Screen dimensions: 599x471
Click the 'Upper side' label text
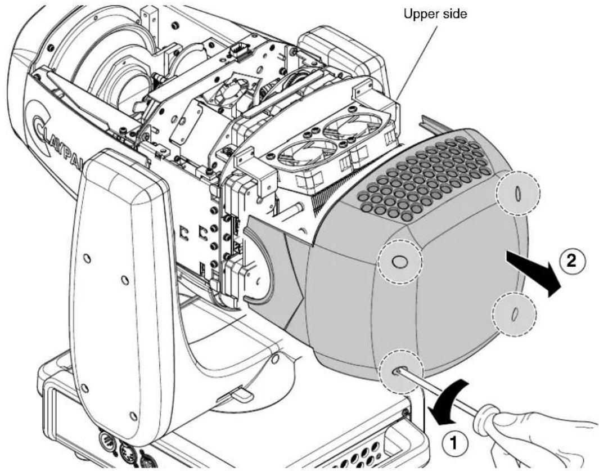pyautogui.click(x=435, y=14)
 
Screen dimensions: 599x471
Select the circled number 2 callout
pyautogui.click(x=571, y=261)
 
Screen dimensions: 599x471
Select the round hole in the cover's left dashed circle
pyautogui.click(x=399, y=262)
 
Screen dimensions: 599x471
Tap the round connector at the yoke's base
pyautogui.click(x=106, y=439)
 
